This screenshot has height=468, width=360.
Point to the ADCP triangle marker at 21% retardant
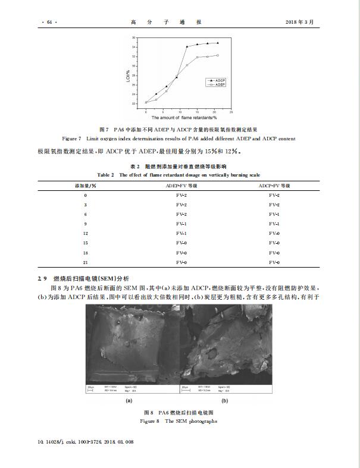pos(217,43)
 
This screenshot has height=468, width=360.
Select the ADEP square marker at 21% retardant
pos(217,55)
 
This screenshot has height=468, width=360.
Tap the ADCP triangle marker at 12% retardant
pos(187,46)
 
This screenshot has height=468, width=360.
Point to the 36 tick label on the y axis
pos(134,37)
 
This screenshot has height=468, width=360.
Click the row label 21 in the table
pos(85,262)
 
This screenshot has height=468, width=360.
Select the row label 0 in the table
pos(85,195)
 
